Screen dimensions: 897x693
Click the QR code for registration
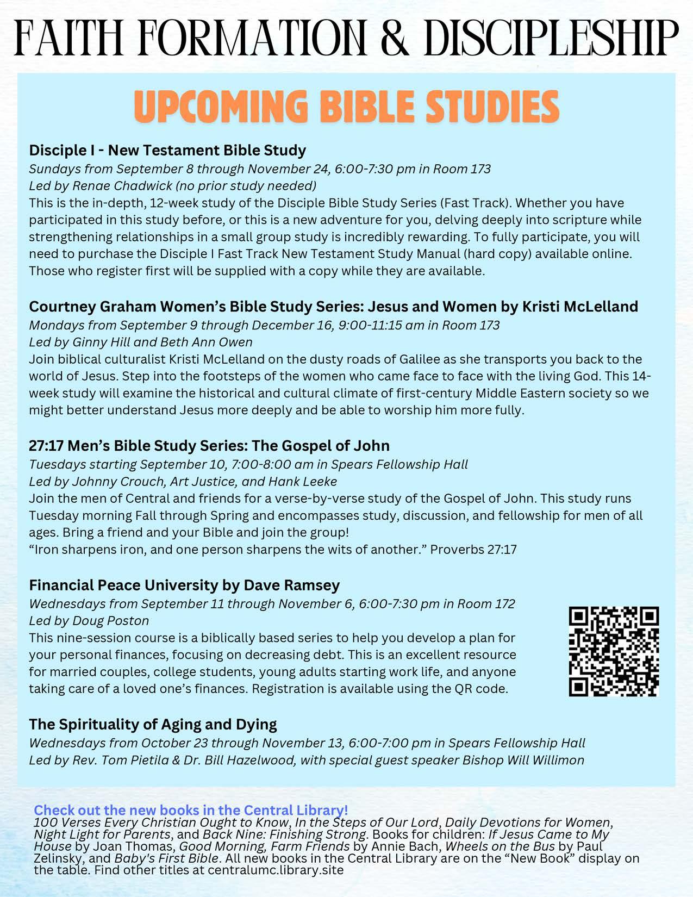coord(614,651)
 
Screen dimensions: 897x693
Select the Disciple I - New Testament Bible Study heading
coord(167,150)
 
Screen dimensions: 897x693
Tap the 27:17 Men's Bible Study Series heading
coord(209,446)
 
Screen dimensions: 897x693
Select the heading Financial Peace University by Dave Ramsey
coord(184,585)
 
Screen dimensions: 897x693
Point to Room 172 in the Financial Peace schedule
coord(485,603)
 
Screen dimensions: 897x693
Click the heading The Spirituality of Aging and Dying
coord(153,724)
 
